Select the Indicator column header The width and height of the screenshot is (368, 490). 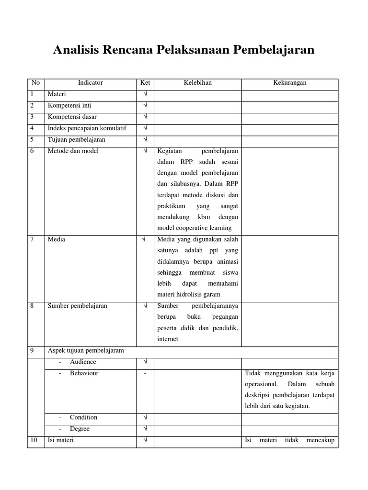point(90,83)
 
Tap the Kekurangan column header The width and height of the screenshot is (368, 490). point(289,83)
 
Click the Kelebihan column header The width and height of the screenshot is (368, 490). point(197,83)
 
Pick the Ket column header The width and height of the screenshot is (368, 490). point(145,83)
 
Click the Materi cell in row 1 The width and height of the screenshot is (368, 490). point(57,94)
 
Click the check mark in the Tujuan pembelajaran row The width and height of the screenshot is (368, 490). point(145,140)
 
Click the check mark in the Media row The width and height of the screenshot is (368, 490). point(145,239)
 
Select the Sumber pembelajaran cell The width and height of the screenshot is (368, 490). point(77,306)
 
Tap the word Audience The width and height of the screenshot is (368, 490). point(83,362)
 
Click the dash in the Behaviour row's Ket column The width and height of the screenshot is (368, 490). point(145,373)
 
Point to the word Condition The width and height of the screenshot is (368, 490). point(83,417)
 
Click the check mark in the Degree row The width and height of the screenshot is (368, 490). point(145,429)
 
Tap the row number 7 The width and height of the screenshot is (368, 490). point(32,239)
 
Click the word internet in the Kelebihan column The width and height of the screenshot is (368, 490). point(168,339)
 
